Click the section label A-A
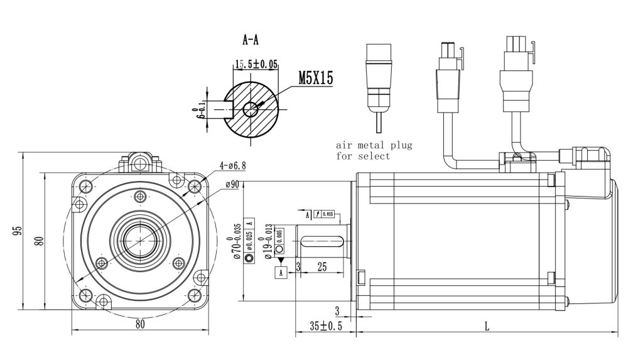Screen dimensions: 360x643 point(251,40)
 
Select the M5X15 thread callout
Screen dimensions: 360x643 point(315,78)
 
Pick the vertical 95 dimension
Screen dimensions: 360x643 point(17,230)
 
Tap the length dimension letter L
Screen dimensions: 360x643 point(487,326)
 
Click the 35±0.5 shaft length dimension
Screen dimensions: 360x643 point(326,326)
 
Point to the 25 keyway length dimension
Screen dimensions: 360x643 point(322,267)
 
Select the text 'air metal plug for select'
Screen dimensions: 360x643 point(374,151)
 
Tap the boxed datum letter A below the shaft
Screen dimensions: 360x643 point(281,272)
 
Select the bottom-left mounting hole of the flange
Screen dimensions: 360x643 point(85,295)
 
